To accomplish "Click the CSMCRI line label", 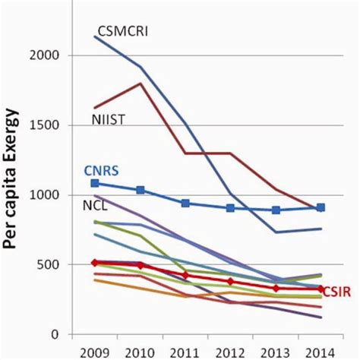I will [x=122, y=31].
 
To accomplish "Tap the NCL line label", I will [x=96, y=206].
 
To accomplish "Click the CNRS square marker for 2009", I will [x=94, y=183].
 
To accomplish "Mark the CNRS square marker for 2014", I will [x=321, y=207].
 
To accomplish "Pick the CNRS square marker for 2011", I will [x=185, y=203].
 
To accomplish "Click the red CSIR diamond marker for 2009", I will [x=94, y=262].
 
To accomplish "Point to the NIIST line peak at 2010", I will [x=140, y=84].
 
